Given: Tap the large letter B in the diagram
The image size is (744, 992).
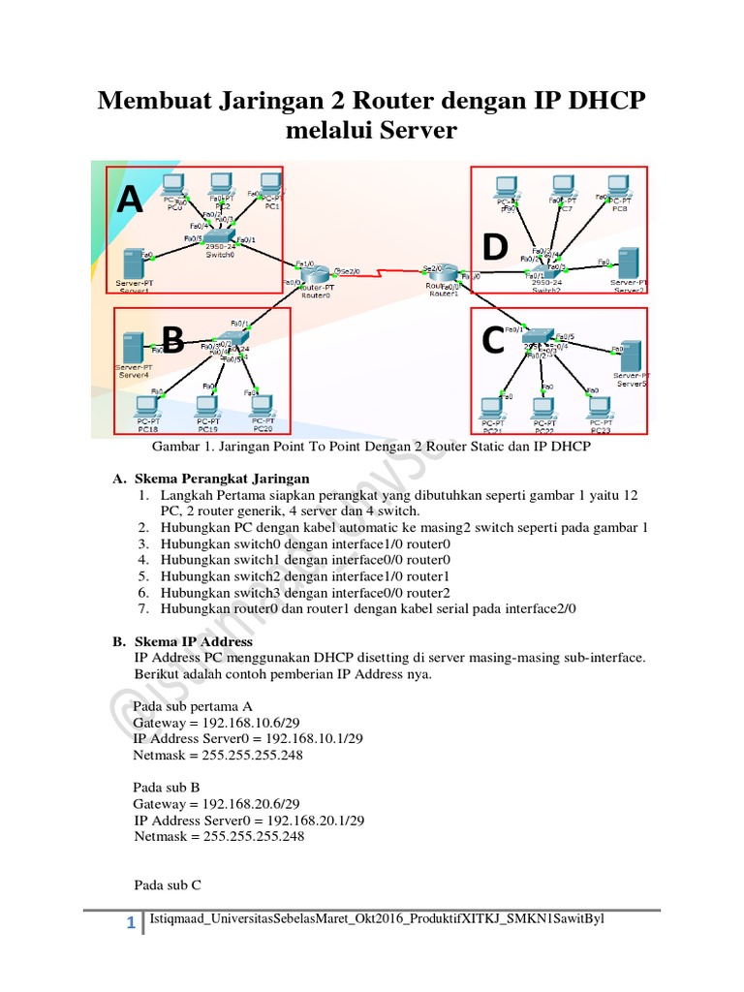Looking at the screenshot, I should (x=172, y=340).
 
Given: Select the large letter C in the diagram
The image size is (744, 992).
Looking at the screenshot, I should (x=492, y=341).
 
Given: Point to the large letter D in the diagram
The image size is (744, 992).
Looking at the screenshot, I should (x=494, y=248).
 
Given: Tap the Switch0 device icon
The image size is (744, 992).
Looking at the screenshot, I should (x=220, y=237).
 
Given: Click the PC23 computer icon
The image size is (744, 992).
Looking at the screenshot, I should (x=602, y=407).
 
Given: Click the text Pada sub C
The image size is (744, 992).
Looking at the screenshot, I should (x=168, y=884).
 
